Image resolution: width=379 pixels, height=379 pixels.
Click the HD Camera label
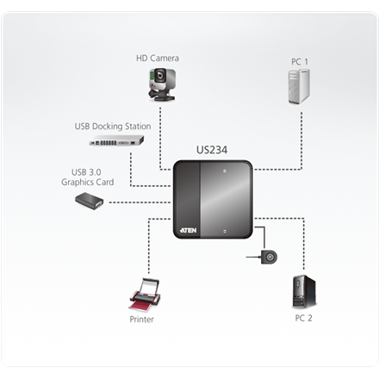[x=158, y=59]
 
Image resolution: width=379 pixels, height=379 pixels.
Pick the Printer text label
[x=142, y=319]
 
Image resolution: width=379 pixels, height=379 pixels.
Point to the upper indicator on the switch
[x=225, y=173]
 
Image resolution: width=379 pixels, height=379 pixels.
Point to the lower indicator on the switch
[x=225, y=230]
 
